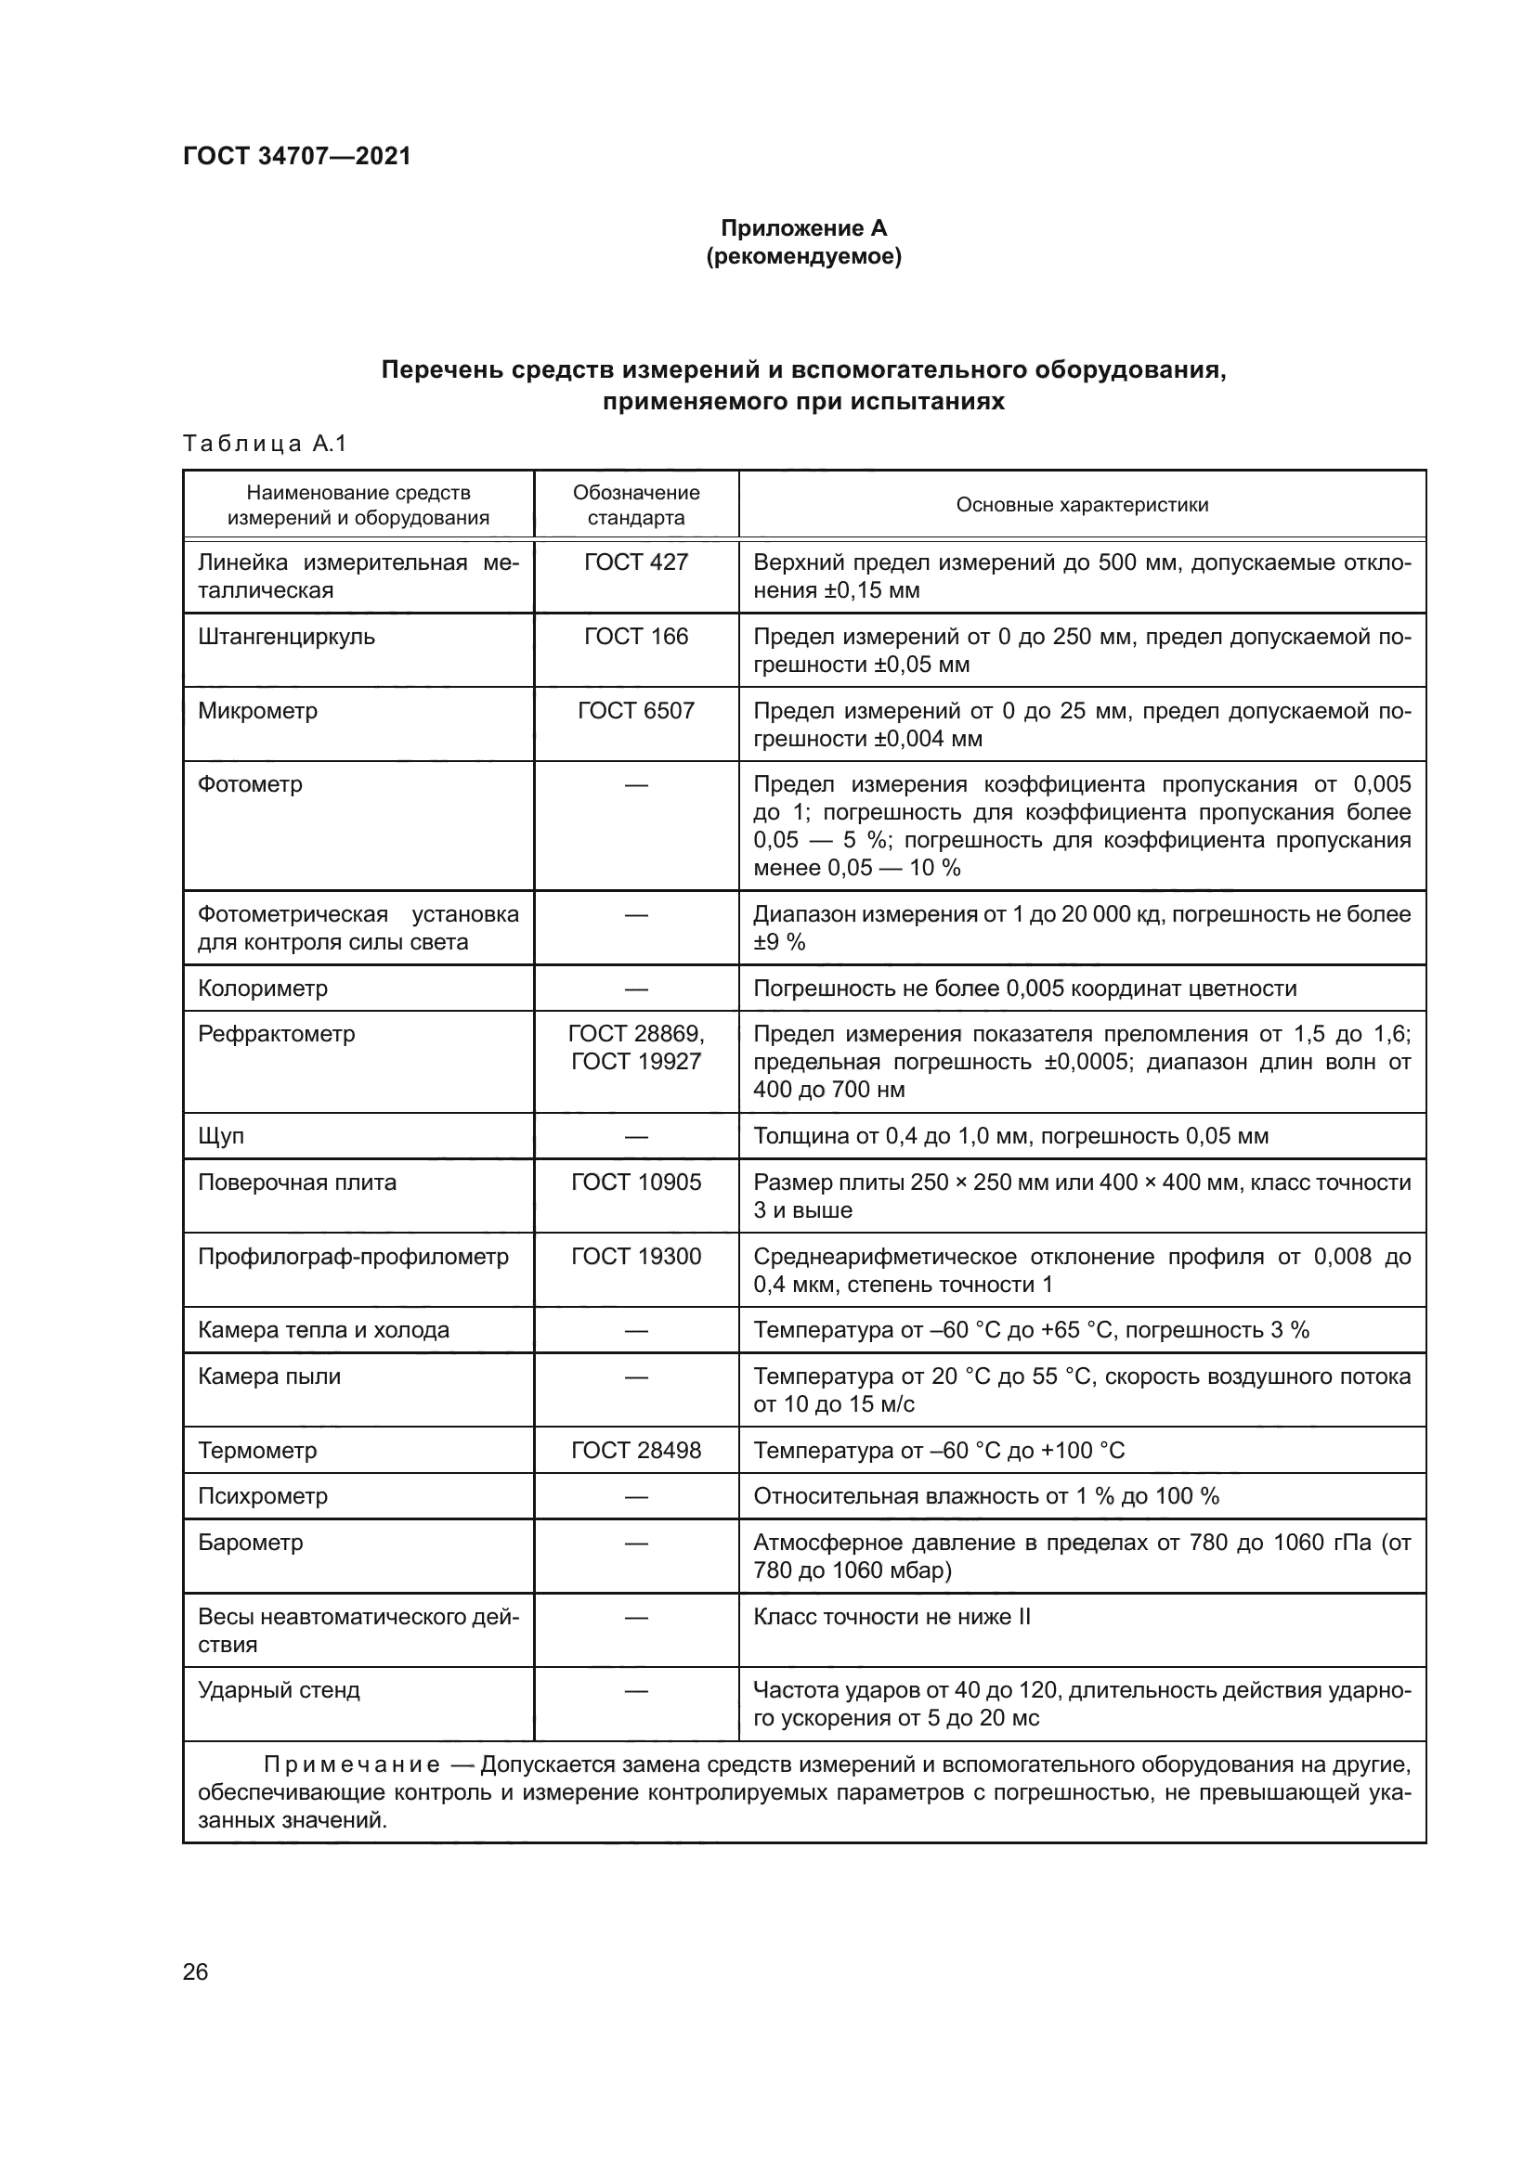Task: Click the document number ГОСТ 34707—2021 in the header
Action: [297, 156]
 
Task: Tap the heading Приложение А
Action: [803, 228]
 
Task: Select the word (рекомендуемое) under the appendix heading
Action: [803, 256]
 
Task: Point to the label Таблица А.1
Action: [265, 444]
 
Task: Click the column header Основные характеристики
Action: [1081, 505]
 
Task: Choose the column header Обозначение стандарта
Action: [635, 505]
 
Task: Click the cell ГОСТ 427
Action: [635, 562]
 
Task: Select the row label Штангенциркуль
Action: [286, 638]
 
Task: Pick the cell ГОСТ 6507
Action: [635, 711]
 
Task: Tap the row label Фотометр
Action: [250, 785]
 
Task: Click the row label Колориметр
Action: [262, 989]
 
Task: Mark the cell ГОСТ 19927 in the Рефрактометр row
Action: [635, 1062]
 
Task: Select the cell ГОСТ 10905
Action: [635, 1182]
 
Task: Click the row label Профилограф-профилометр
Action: [353, 1257]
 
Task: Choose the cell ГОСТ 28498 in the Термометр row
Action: [635, 1451]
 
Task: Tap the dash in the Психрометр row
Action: [635, 1497]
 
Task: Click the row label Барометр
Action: [250, 1544]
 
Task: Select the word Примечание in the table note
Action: [352, 1765]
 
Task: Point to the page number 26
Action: [195, 1972]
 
